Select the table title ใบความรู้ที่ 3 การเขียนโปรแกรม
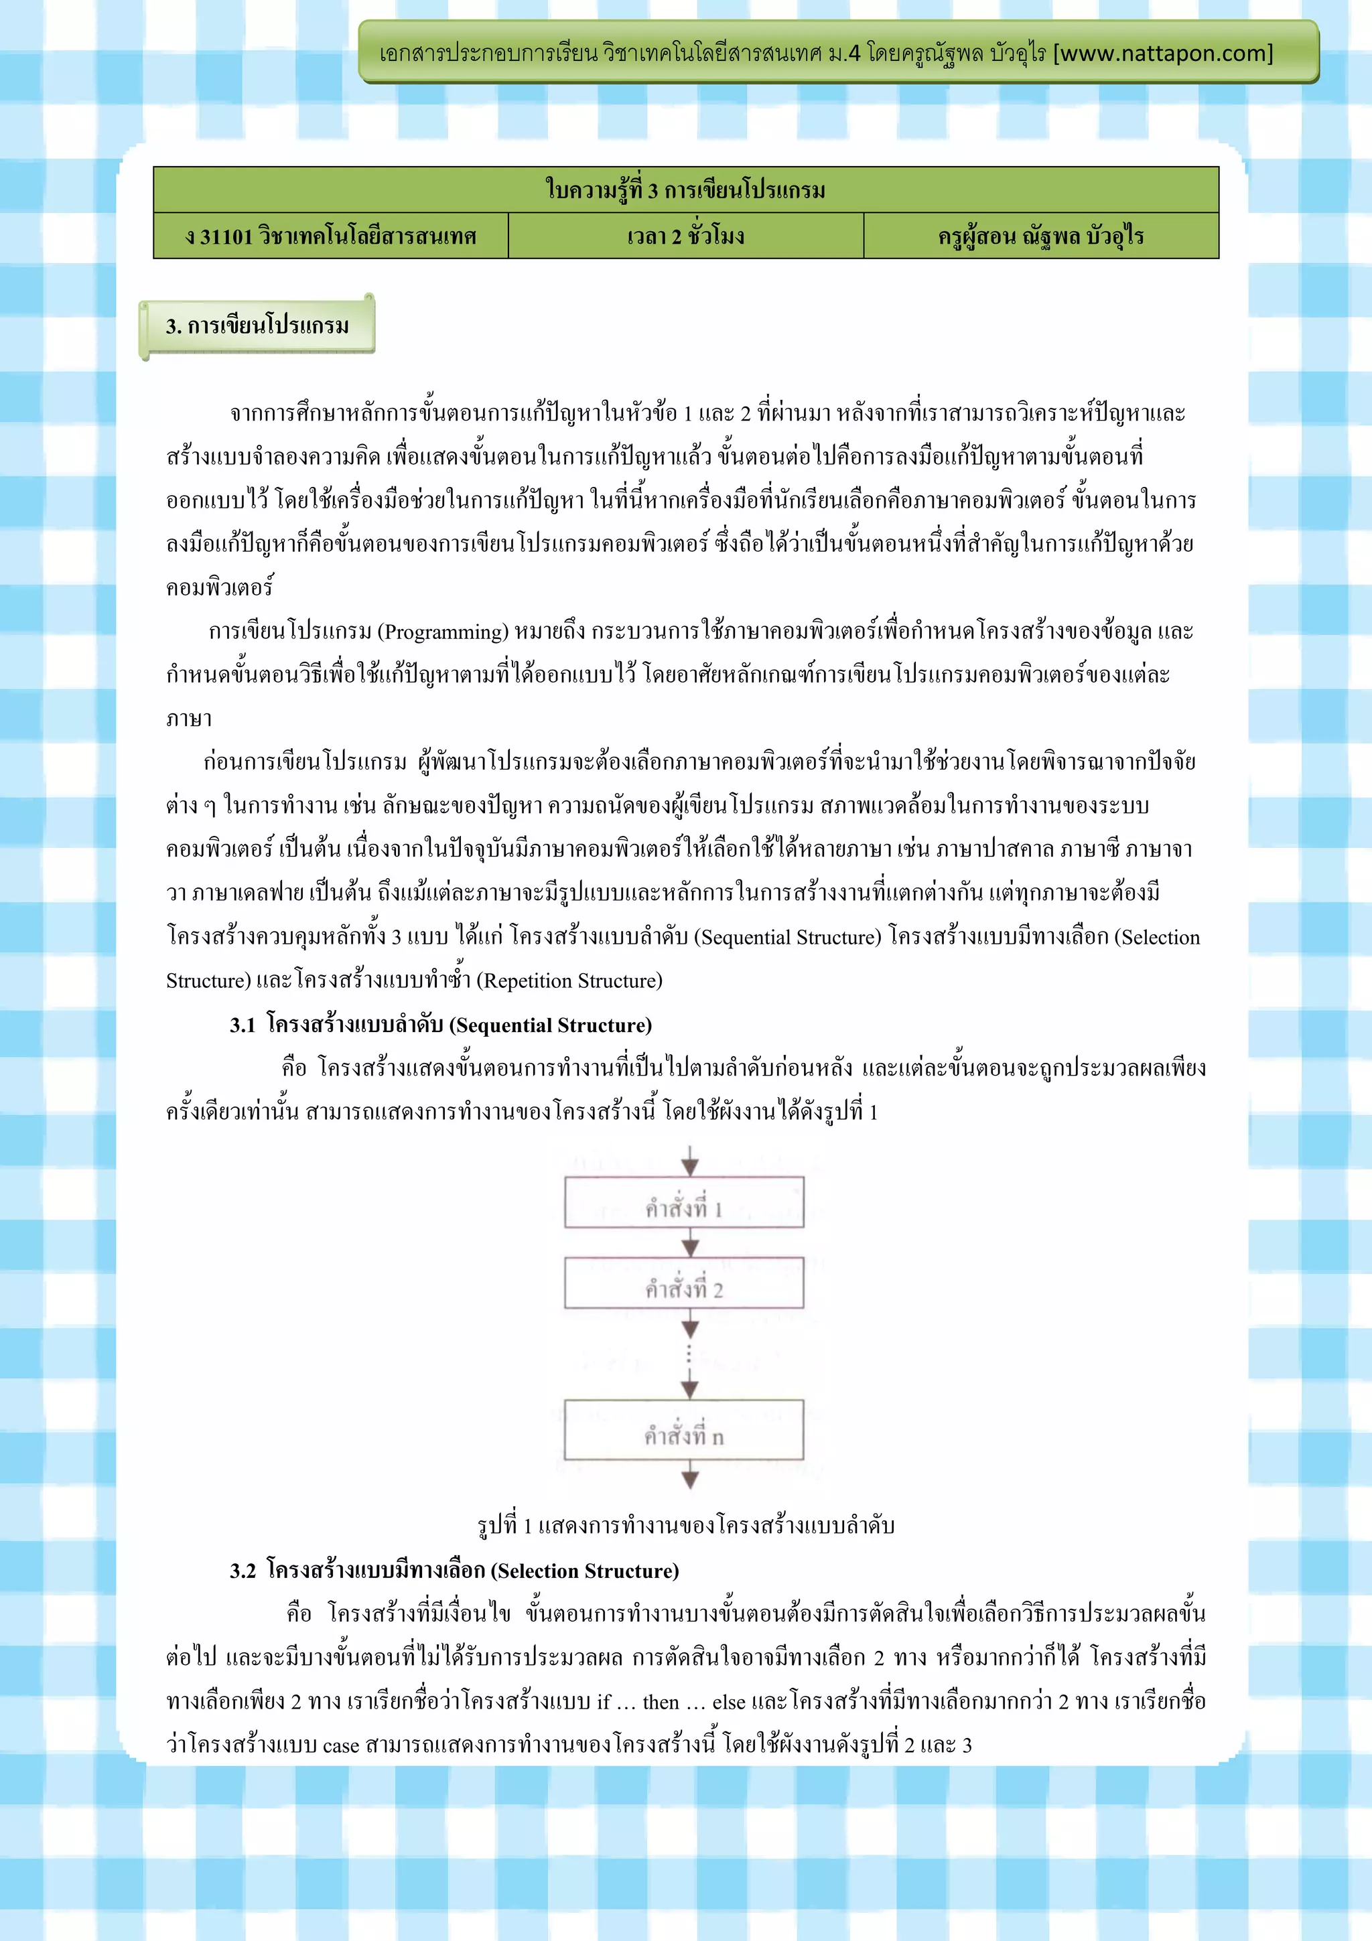pyautogui.click(x=685, y=190)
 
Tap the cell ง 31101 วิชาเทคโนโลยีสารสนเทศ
pyautogui.click(x=330, y=236)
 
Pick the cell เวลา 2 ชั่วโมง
pyautogui.click(x=685, y=236)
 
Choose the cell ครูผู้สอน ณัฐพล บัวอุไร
pyautogui.click(x=1040, y=236)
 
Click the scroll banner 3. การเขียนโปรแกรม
pyautogui.click(x=257, y=326)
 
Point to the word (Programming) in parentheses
pyautogui.click(x=443, y=632)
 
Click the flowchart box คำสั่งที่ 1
pyautogui.click(x=684, y=1202)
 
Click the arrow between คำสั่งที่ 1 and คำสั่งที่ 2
pyautogui.click(x=690, y=1242)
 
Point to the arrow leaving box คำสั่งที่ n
pyautogui.click(x=690, y=1474)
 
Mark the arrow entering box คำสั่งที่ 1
pyautogui.click(x=690, y=1161)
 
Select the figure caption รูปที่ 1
pyautogui.click(x=685, y=1525)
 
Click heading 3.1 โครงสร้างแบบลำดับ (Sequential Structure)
pyautogui.click(x=440, y=1025)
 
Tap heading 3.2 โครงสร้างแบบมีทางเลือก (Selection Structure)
pyautogui.click(x=454, y=1571)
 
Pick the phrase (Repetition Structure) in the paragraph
pyautogui.click(x=569, y=981)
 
